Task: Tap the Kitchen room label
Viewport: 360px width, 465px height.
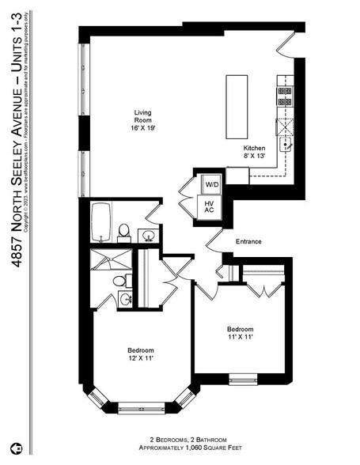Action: click(x=254, y=149)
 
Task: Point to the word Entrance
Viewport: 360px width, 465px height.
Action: click(x=248, y=242)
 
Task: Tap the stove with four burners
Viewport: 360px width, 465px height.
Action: click(x=284, y=96)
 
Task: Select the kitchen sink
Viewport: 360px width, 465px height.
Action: click(x=285, y=144)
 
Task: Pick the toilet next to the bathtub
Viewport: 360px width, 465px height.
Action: click(x=124, y=231)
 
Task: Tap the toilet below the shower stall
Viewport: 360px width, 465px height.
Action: click(x=119, y=281)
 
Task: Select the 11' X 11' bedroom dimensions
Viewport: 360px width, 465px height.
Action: click(x=240, y=338)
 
